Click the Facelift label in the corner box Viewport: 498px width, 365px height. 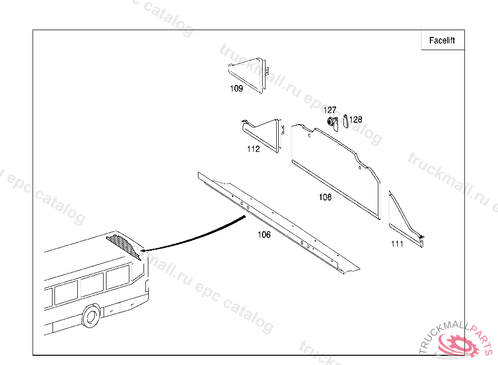pos(442,40)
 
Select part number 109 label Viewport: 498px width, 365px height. pos(236,89)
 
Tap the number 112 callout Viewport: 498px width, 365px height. pos(253,149)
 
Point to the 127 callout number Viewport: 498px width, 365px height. pos(330,110)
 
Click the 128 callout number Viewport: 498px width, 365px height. pos(356,120)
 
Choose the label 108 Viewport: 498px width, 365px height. pos(325,197)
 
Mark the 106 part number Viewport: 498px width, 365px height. pos(264,235)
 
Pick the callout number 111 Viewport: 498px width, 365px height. pos(397,244)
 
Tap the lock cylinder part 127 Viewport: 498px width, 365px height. pos(332,122)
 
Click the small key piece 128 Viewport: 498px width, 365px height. pos(346,122)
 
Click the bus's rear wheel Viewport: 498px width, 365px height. pos(91,316)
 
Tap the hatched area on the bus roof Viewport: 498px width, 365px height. pos(124,246)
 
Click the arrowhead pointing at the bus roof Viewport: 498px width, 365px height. pos(143,250)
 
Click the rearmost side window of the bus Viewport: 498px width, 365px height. pos(118,276)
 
